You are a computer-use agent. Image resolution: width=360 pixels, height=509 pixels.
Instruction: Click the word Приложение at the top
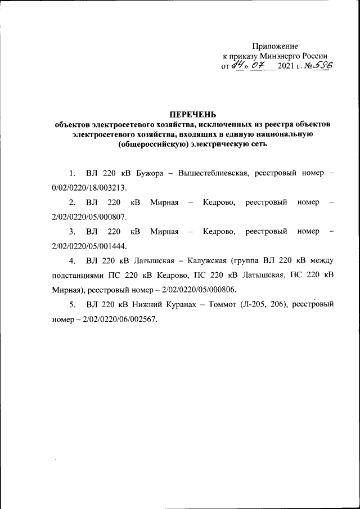[x=275, y=46]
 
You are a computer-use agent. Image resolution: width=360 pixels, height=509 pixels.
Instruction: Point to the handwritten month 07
[x=258, y=67]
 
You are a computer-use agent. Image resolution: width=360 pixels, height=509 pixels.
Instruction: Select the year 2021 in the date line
[x=287, y=67]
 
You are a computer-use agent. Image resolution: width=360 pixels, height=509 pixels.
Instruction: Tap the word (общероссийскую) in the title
[x=150, y=145]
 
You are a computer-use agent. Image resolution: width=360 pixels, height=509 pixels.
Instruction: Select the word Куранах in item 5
[x=185, y=305]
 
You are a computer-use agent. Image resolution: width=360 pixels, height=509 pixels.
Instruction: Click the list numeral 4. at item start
[x=72, y=261]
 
